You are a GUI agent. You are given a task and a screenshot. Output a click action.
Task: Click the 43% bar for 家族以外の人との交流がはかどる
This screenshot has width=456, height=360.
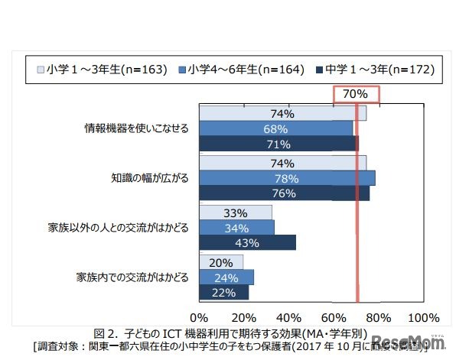point(247,242)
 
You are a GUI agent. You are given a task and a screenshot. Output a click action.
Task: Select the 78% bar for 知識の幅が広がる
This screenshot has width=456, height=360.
point(287,178)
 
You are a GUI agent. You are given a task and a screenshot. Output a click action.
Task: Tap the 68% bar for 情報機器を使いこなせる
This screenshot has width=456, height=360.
point(275,128)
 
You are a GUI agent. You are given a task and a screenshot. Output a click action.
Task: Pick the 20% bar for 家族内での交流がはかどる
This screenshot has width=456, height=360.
point(221,262)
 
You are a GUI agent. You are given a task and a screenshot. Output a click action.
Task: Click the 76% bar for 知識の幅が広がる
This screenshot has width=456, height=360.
point(284,193)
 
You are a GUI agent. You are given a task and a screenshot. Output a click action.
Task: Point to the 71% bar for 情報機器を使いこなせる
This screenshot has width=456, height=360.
point(278,144)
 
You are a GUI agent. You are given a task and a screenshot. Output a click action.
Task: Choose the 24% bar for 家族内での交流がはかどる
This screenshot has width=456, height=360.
point(226,277)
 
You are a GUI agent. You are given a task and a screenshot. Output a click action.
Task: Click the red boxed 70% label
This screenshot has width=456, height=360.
point(356,94)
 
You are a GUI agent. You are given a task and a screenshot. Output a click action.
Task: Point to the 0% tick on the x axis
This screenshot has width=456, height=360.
point(199,317)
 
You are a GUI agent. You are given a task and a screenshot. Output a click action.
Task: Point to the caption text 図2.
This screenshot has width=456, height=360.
point(104,334)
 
